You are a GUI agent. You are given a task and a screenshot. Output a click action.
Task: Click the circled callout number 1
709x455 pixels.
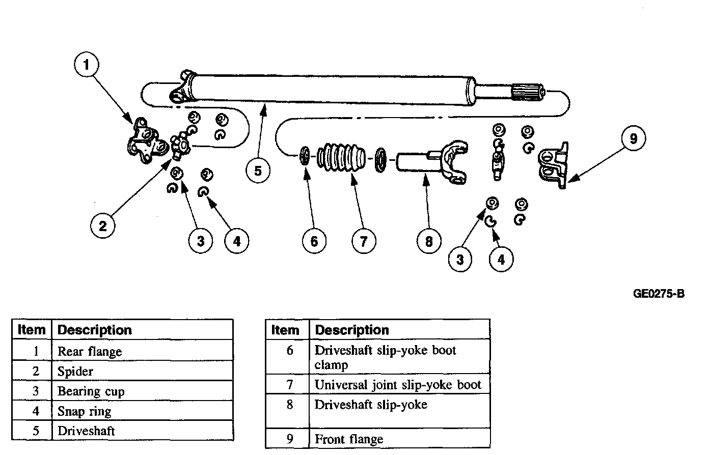point(86,65)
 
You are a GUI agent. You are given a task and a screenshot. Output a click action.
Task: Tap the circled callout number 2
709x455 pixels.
point(103,225)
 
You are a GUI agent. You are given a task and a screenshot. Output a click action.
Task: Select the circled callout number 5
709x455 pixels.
point(258,170)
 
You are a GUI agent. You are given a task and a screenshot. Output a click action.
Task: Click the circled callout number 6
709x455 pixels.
point(314,241)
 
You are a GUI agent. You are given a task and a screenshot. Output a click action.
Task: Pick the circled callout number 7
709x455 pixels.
point(363,241)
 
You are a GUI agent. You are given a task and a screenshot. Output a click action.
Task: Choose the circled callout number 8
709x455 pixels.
point(428,241)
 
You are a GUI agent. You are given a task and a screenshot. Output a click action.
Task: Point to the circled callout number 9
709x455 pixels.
point(633,138)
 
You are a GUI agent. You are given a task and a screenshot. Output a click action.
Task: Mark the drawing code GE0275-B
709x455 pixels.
point(659,294)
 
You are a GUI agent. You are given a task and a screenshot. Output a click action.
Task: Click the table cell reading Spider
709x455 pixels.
point(75,372)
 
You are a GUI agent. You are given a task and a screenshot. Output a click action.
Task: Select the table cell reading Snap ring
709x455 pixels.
point(84,411)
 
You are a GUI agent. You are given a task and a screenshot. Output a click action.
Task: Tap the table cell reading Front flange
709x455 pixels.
point(349,439)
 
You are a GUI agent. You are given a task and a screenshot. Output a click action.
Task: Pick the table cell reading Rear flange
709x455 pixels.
point(90,352)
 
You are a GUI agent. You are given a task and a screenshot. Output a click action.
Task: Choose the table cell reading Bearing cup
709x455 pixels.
point(91,391)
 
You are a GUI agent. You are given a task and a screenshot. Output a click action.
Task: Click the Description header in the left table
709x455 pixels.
point(95,330)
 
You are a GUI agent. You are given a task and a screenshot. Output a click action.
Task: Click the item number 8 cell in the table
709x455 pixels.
point(289,405)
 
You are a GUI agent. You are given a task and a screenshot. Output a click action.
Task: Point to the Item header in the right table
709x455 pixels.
point(285,330)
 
